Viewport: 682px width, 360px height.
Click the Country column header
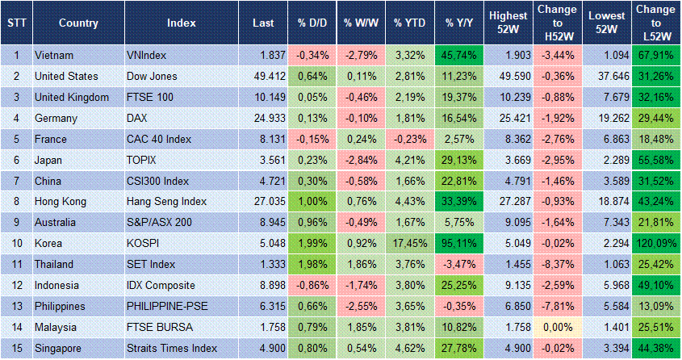coord(78,23)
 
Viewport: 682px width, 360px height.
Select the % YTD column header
coord(409,23)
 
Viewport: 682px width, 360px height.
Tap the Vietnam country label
coord(54,55)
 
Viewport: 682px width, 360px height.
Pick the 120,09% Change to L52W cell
coord(655,243)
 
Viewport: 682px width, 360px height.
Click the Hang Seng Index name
coord(167,201)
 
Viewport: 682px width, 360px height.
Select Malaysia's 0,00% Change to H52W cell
coord(556,327)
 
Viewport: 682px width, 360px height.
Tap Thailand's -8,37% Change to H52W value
coord(556,264)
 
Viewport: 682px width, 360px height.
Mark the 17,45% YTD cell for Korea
coord(409,243)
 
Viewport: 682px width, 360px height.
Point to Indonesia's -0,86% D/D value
coord(311,285)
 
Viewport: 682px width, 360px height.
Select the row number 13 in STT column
coord(15,306)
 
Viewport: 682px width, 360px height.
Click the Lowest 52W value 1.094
coord(605,55)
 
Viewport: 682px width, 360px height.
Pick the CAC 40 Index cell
coord(159,139)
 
